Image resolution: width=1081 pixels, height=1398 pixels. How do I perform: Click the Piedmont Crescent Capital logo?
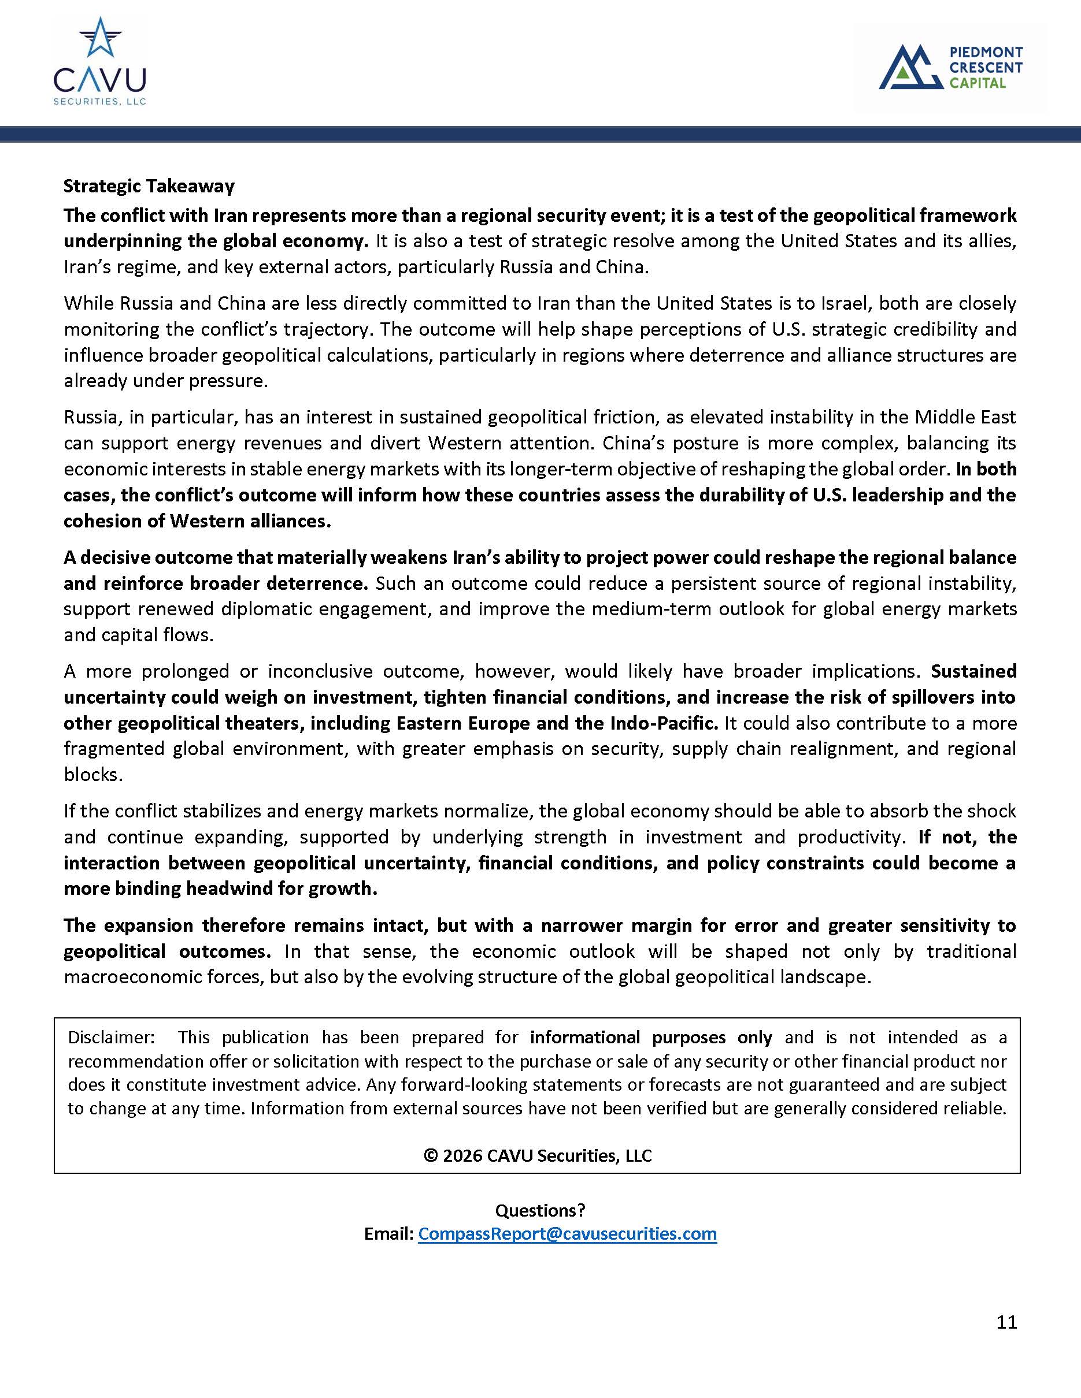pos(950,66)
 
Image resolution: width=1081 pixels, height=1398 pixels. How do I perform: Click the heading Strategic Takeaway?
pos(149,186)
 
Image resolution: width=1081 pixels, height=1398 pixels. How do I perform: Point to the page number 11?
pos(1006,1322)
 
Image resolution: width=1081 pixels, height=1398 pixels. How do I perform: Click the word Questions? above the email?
pos(540,1210)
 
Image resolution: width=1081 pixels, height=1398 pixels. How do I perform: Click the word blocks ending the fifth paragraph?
pos(92,775)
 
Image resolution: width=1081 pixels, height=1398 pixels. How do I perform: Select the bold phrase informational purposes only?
pos(651,1037)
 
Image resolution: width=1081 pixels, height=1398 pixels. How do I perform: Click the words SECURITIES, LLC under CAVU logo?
pos(100,102)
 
